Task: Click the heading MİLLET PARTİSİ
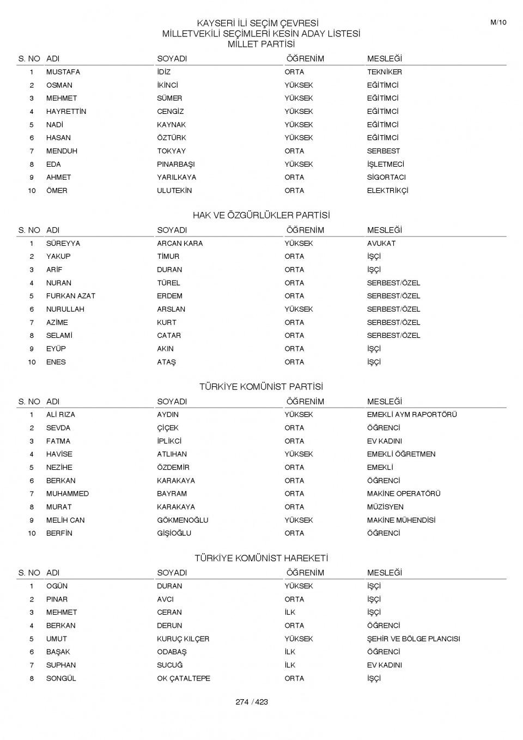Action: tap(261, 44)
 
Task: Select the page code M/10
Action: tap(498, 22)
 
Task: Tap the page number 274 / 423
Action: tap(252, 702)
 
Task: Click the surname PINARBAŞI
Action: tap(175, 164)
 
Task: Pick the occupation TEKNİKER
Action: tap(384, 72)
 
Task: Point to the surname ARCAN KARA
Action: tap(180, 244)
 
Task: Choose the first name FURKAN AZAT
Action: tap(70, 296)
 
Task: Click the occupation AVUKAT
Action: tap(381, 244)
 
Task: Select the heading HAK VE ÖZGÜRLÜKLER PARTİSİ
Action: tap(261, 215)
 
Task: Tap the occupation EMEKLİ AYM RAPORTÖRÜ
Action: tap(411, 415)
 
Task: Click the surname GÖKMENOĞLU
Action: tap(183, 520)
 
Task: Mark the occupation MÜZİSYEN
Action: tap(385, 507)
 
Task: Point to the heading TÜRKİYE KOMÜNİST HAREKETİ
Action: tap(261, 558)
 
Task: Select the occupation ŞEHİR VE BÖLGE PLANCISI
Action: tap(413, 639)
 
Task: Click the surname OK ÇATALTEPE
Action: tap(184, 678)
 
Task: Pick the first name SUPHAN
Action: tap(61, 665)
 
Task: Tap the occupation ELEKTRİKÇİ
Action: tap(387, 191)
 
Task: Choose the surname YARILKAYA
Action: tap(177, 177)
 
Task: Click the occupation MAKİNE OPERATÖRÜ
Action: tap(403, 494)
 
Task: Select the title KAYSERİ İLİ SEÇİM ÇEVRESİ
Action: tap(257, 23)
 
